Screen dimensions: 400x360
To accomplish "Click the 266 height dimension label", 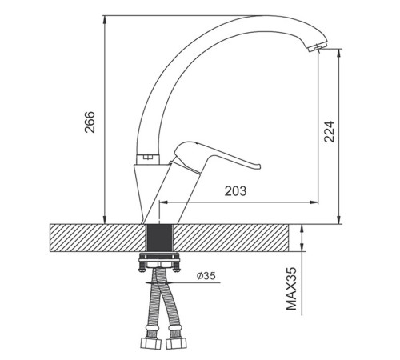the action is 90,122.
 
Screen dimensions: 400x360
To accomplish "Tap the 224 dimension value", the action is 329,131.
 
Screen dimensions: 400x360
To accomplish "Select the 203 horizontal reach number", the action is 235,191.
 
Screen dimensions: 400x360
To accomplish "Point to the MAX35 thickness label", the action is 291,289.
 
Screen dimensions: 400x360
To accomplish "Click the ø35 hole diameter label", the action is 206,276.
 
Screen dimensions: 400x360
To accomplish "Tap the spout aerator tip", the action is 317,47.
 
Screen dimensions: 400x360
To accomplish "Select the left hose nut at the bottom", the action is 150,343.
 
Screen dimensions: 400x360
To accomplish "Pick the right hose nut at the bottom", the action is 176,343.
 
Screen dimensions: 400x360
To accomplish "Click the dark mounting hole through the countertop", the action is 159,238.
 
